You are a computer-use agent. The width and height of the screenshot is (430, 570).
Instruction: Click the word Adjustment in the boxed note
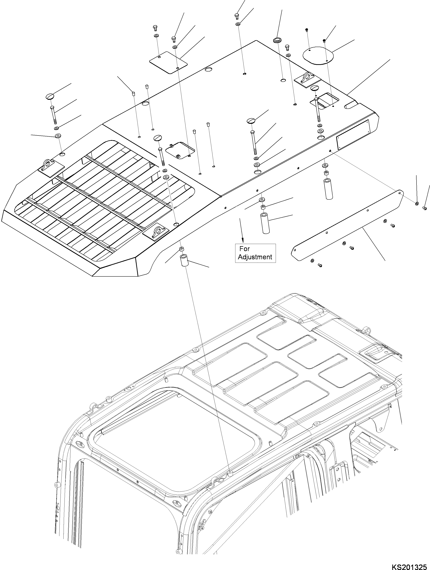click(x=255, y=257)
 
